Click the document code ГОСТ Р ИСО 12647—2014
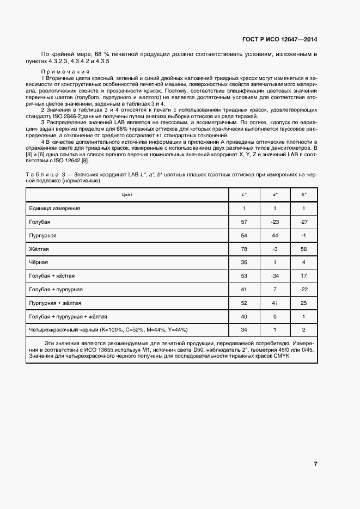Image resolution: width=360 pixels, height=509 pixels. coord(279,40)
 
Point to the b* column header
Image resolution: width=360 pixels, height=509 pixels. coord(303,194)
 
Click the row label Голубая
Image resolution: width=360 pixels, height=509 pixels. coord(39,222)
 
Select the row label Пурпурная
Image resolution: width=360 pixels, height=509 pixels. coord(42,235)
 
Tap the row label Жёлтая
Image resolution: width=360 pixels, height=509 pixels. coord(39,249)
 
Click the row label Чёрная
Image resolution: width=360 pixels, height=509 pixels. coord(38,262)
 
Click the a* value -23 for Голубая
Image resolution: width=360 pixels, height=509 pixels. coord(274,222)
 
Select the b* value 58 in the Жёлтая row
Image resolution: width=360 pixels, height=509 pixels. coord(303,249)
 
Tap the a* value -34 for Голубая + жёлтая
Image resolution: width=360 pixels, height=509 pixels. coord(274,275)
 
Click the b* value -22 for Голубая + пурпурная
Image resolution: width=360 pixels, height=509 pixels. coord(303,289)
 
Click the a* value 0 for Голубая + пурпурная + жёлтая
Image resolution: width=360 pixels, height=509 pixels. coord(274,316)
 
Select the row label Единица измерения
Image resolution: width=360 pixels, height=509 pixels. coord(54,208)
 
